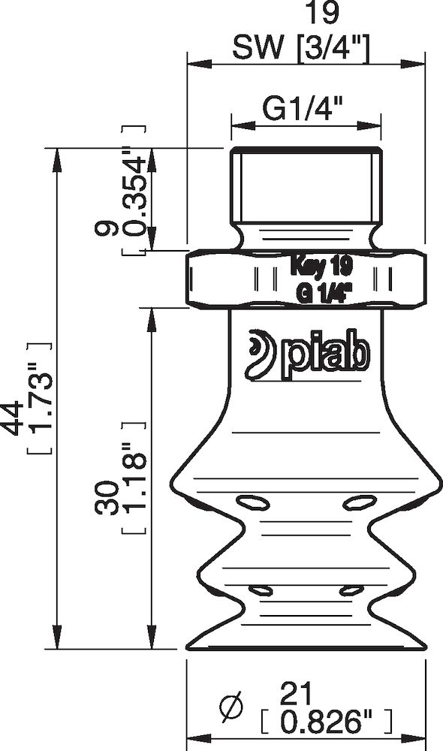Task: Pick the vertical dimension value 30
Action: click(x=109, y=499)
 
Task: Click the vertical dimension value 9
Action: click(x=109, y=229)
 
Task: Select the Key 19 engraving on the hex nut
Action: click(x=321, y=265)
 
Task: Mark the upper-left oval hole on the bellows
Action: click(x=246, y=501)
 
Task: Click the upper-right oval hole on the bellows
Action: click(x=358, y=501)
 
